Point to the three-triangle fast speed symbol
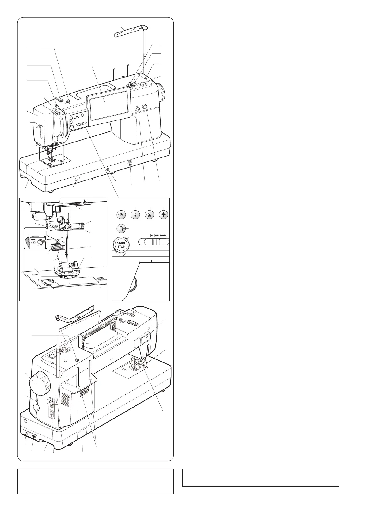pyautogui.click(x=163, y=235)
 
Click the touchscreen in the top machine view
pyautogui.click(x=107, y=102)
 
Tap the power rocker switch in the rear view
pyautogui.click(x=51, y=404)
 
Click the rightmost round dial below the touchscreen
pyautogui.click(x=145, y=106)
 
